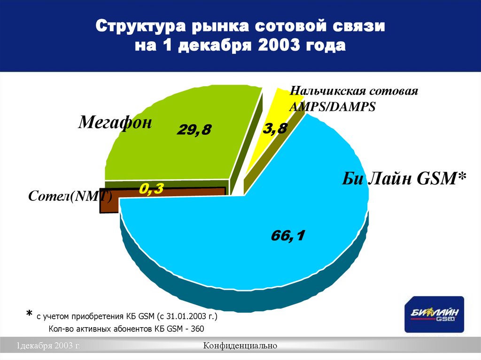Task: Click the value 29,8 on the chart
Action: (194, 131)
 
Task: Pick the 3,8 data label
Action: (274, 129)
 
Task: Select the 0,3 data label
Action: (151, 189)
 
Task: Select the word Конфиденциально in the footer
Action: (240, 346)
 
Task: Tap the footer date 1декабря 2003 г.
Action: (49, 346)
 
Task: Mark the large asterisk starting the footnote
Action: (29, 314)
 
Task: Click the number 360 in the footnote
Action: (196, 329)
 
